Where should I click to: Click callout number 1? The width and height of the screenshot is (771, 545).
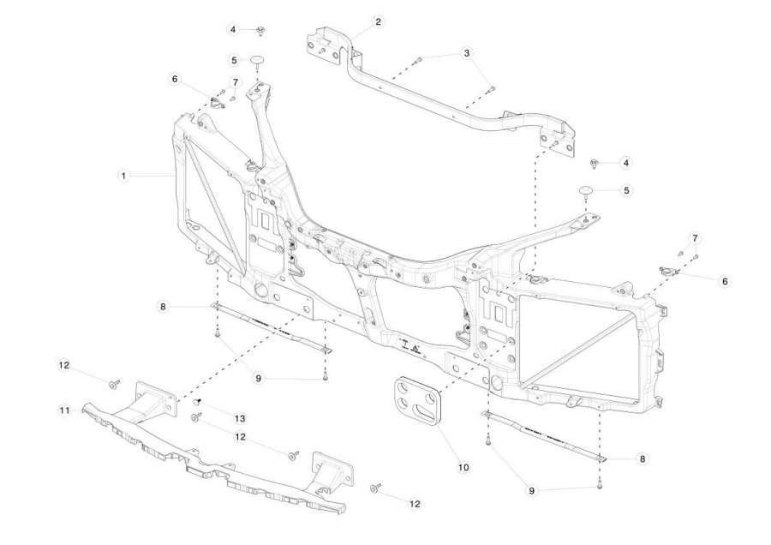click(x=124, y=176)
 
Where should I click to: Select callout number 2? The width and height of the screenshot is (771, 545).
click(x=378, y=21)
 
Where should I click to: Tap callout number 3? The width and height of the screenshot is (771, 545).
click(x=467, y=53)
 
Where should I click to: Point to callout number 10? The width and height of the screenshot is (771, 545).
click(x=463, y=467)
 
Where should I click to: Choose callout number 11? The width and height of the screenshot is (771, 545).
click(x=65, y=410)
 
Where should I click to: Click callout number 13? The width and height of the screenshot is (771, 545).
click(x=240, y=418)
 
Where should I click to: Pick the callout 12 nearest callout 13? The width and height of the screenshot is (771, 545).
click(x=240, y=437)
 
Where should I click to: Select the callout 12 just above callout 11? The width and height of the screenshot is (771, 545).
click(x=64, y=365)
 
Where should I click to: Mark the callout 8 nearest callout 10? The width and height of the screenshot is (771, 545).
click(x=642, y=459)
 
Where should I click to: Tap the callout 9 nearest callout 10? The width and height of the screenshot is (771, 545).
click(x=531, y=491)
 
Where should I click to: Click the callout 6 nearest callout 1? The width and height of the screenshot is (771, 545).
click(x=175, y=79)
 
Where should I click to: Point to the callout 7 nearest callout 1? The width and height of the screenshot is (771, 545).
click(x=235, y=82)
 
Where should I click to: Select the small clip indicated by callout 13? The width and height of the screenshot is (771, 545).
click(x=199, y=402)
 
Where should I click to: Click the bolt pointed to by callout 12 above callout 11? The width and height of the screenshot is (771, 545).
click(x=115, y=384)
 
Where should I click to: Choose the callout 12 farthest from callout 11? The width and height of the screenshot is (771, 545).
click(x=415, y=504)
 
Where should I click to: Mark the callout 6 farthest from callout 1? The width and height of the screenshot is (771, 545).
click(x=725, y=281)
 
